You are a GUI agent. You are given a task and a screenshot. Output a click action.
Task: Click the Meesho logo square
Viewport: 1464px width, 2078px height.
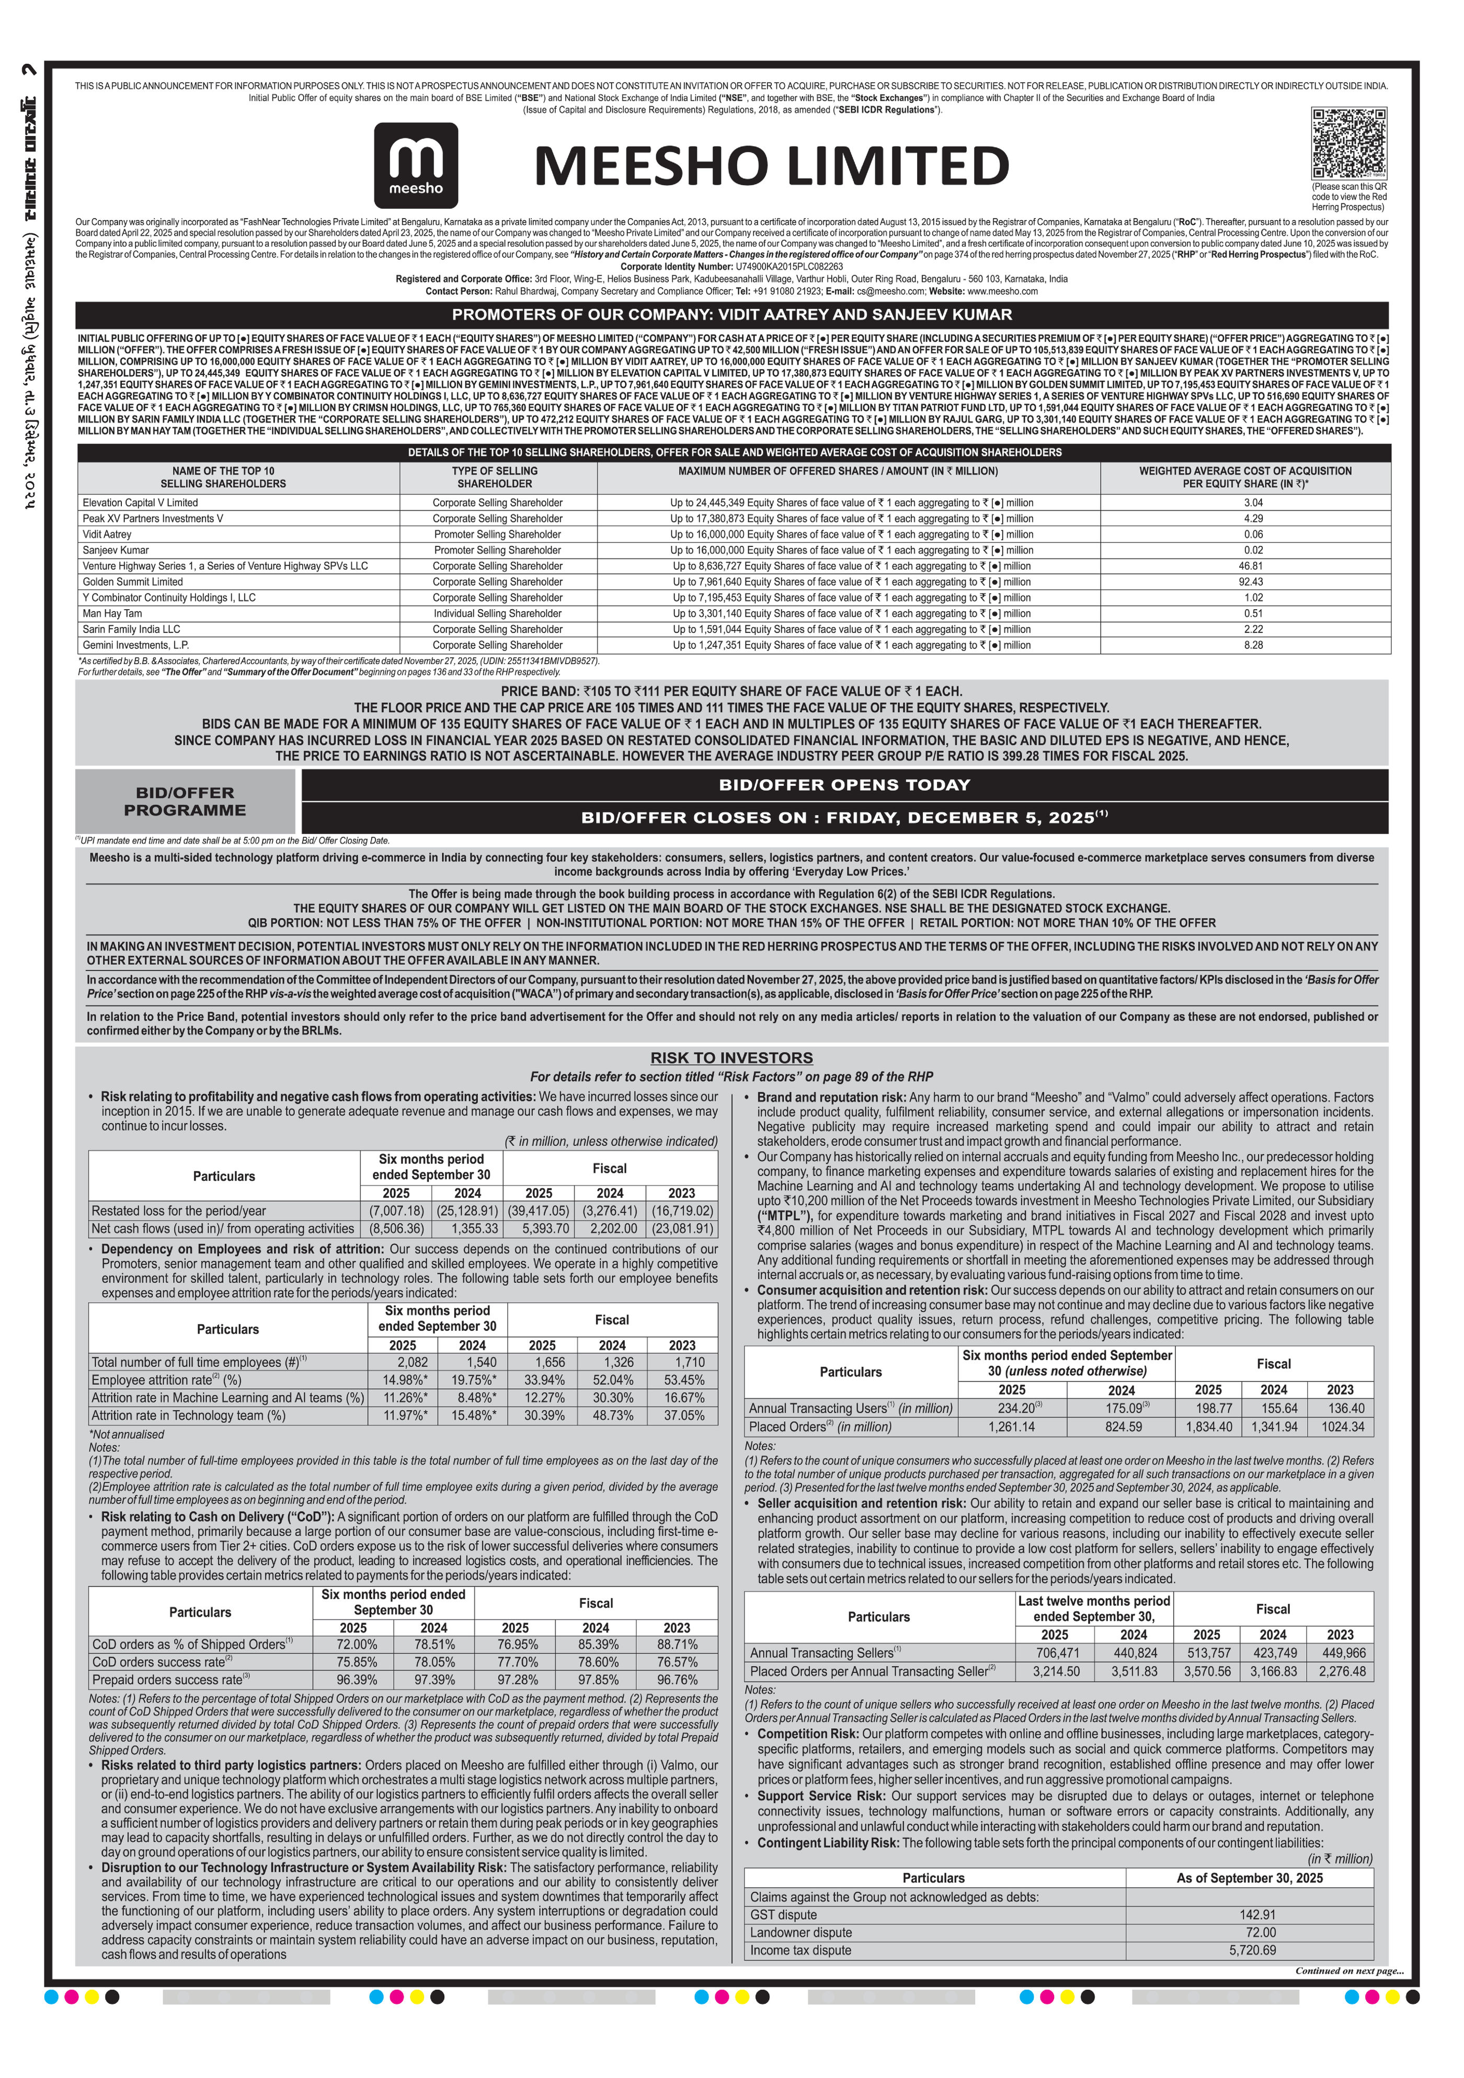pos(416,166)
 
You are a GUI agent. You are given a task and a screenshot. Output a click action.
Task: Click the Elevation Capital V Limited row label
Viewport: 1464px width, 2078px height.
pos(140,503)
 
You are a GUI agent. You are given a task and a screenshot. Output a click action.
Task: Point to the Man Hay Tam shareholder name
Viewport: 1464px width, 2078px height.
pos(112,614)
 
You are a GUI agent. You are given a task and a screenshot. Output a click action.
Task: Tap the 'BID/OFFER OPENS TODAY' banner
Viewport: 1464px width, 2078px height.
pos(844,785)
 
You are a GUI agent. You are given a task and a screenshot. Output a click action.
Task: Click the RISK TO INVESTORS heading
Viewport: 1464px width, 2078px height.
pos(731,1057)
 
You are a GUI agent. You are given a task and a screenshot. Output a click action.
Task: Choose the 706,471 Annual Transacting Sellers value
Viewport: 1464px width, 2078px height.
pos(1054,1653)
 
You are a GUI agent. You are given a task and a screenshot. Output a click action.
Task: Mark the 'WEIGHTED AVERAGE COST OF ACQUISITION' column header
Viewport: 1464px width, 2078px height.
pos(1245,477)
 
